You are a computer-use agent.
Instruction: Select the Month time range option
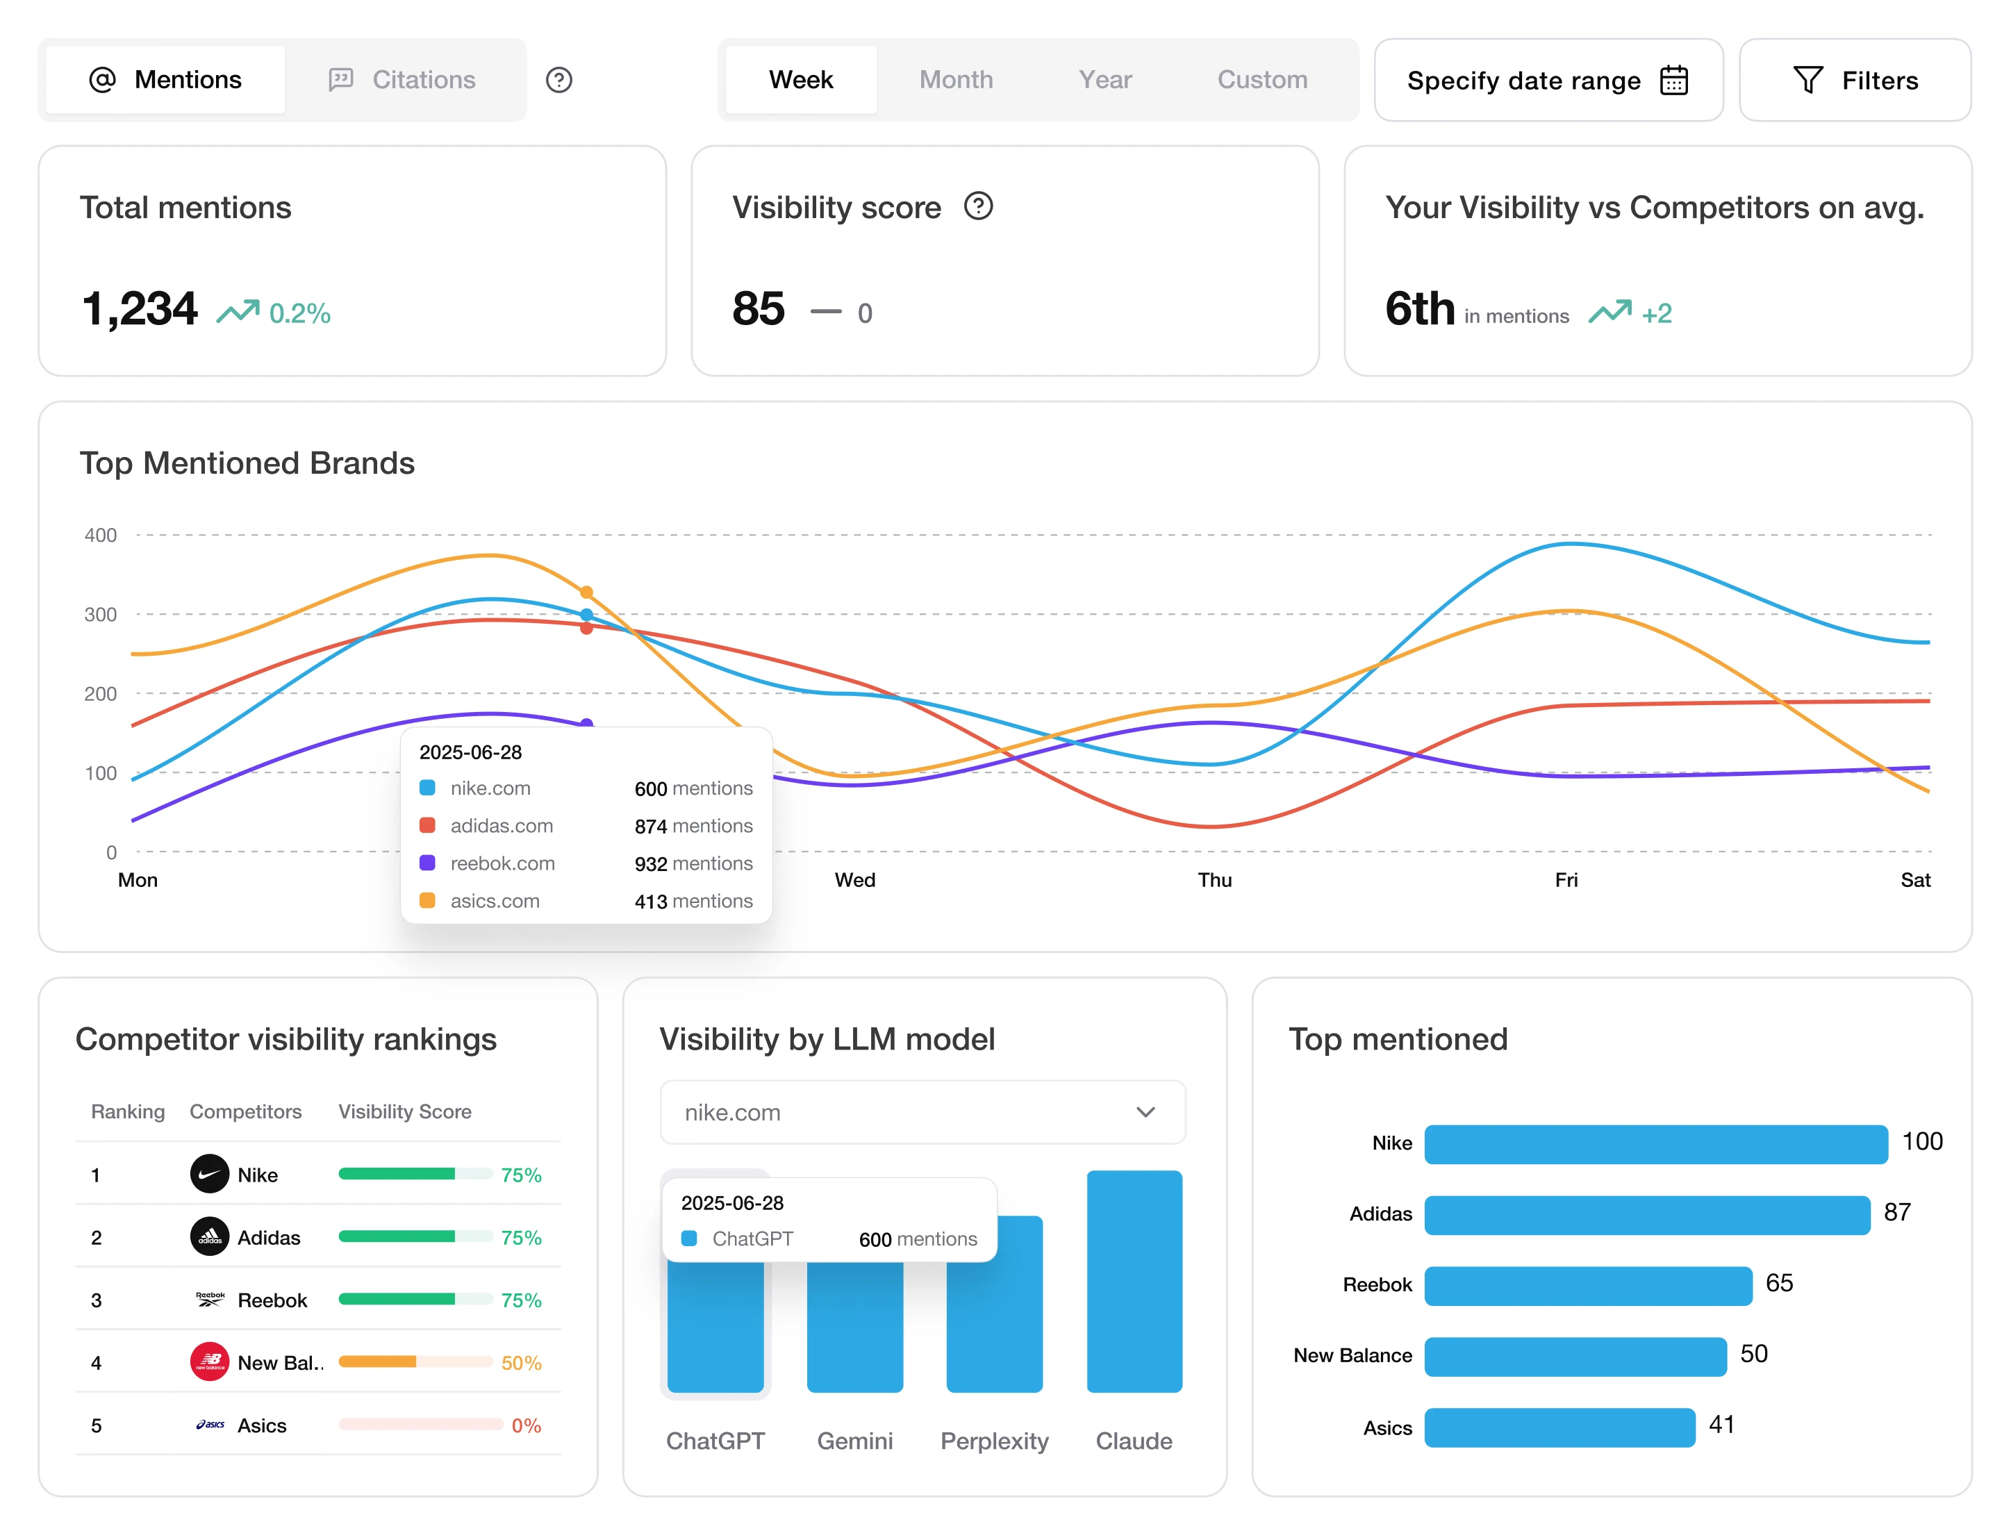(956, 80)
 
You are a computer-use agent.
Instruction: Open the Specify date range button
(1548, 80)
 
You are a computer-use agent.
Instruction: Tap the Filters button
(1855, 80)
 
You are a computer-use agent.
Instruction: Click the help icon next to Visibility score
(978, 206)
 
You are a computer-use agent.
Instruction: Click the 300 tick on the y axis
(101, 615)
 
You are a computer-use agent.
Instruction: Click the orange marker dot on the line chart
(586, 592)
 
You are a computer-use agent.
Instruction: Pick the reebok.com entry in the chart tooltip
(502, 863)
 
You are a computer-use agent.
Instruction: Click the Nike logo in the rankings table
(209, 1174)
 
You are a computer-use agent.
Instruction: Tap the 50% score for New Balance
(521, 1362)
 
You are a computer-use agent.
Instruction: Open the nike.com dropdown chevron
(1145, 1111)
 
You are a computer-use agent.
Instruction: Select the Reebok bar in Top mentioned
(1587, 1285)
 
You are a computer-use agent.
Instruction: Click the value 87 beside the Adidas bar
(1896, 1212)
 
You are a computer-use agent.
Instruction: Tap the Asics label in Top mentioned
(1387, 1427)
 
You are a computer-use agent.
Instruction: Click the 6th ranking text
(1420, 309)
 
